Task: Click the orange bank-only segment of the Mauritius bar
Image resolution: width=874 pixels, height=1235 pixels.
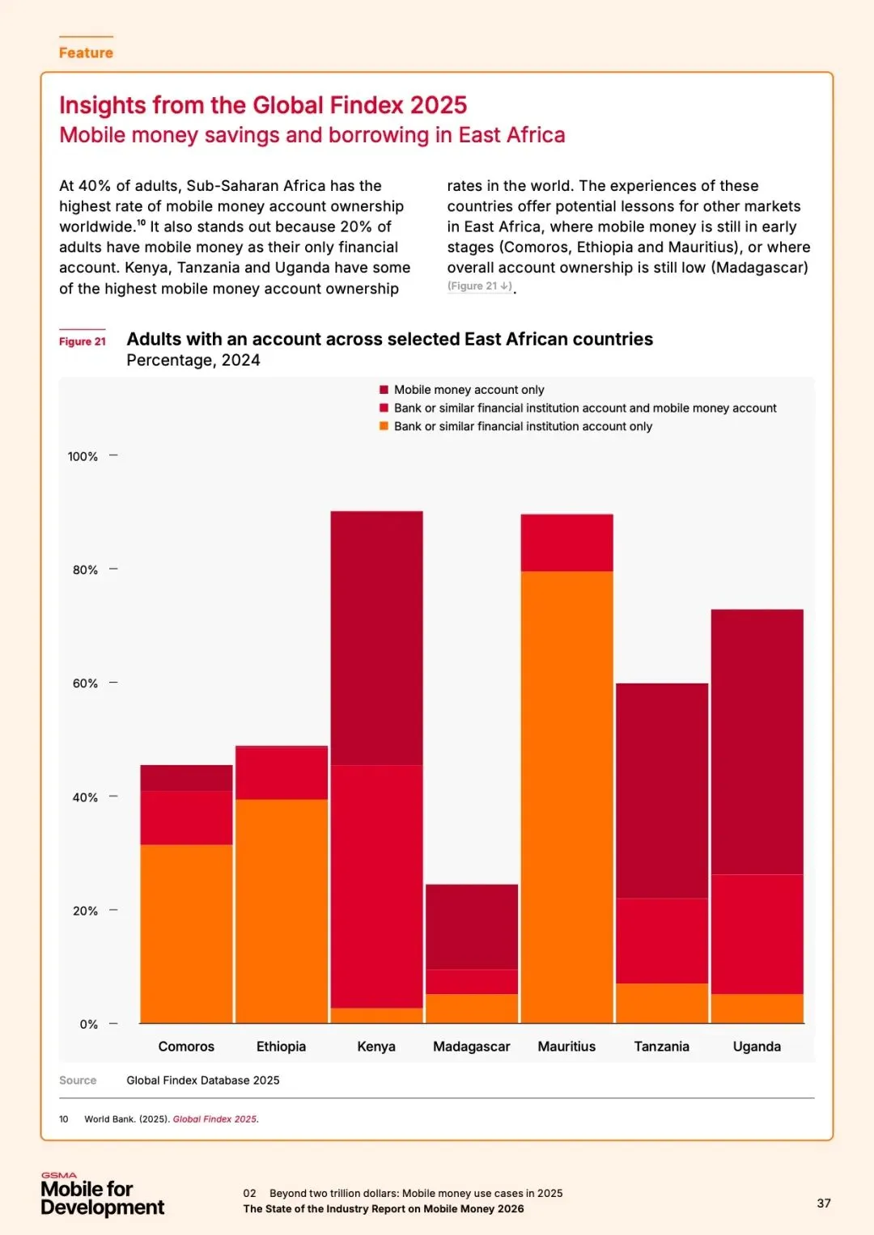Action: click(x=566, y=797)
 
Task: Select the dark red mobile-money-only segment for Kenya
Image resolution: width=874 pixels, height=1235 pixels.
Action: click(x=376, y=637)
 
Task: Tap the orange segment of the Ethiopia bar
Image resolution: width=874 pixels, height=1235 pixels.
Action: click(x=282, y=911)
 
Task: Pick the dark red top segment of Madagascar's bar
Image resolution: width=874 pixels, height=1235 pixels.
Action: click(x=472, y=926)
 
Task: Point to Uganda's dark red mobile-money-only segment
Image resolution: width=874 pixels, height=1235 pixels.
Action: click(x=757, y=741)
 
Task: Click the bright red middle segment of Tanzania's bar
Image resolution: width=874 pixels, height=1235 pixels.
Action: click(x=662, y=941)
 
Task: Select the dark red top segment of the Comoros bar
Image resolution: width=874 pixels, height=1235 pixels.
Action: click(x=186, y=777)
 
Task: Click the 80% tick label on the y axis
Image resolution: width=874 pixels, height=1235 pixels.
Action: click(x=85, y=570)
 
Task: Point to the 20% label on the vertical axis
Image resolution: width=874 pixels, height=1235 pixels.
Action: click(x=85, y=911)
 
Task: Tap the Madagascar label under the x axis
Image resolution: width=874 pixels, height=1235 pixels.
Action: click(x=472, y=1047)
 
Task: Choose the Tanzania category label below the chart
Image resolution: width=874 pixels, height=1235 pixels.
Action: click(x=662, y=1047)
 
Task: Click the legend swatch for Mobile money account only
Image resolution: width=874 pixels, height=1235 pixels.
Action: click(x=384, y=390)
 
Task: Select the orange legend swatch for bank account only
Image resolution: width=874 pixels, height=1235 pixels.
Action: click(x=384, y=426)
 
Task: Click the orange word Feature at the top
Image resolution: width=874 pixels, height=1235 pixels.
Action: click(x=86, y=53)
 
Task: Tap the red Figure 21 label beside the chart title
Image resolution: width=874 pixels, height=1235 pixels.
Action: click(x=83, y=341)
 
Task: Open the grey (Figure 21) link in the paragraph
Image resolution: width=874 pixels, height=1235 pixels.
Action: click(x=480, y=286)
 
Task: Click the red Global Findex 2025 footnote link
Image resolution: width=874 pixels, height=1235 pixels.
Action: click(x=215, y=1119)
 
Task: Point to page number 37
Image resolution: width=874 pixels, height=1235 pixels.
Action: click(x=824, y=1203)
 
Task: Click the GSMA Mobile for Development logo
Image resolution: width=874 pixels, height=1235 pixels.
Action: click(x=102, y=1195)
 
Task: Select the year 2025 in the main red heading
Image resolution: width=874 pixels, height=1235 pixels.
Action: click(x=438, y=105)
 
